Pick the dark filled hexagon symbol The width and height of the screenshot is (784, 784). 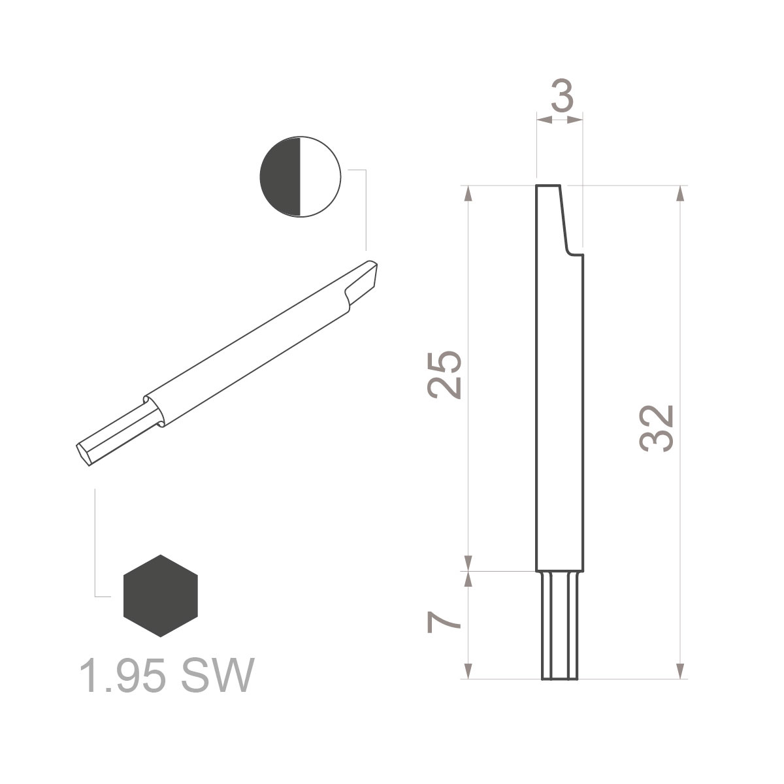160,596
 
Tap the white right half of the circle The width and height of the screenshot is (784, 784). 320,176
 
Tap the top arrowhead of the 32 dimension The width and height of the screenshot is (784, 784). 680,193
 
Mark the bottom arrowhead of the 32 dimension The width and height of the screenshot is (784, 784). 680,672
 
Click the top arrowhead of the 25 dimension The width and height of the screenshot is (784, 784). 468,193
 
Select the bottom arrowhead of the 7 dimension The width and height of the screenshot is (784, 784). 468,672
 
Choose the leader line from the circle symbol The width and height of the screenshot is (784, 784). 365,209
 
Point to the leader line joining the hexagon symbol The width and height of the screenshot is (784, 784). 96,542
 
